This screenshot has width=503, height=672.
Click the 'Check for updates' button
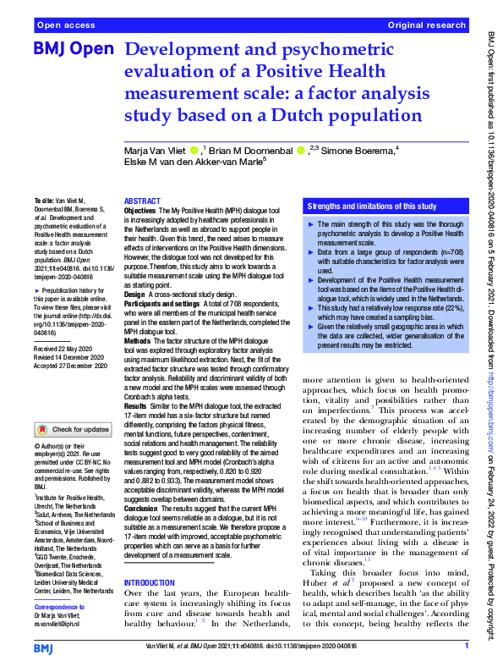[x=76, y=429]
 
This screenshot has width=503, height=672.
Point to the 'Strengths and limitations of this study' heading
[x=372, y=207]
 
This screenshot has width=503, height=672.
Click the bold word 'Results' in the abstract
[x=137, y=406]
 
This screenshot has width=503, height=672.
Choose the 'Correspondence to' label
[x=60, y=608]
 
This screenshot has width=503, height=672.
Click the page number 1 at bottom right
[x=466, y=646]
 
